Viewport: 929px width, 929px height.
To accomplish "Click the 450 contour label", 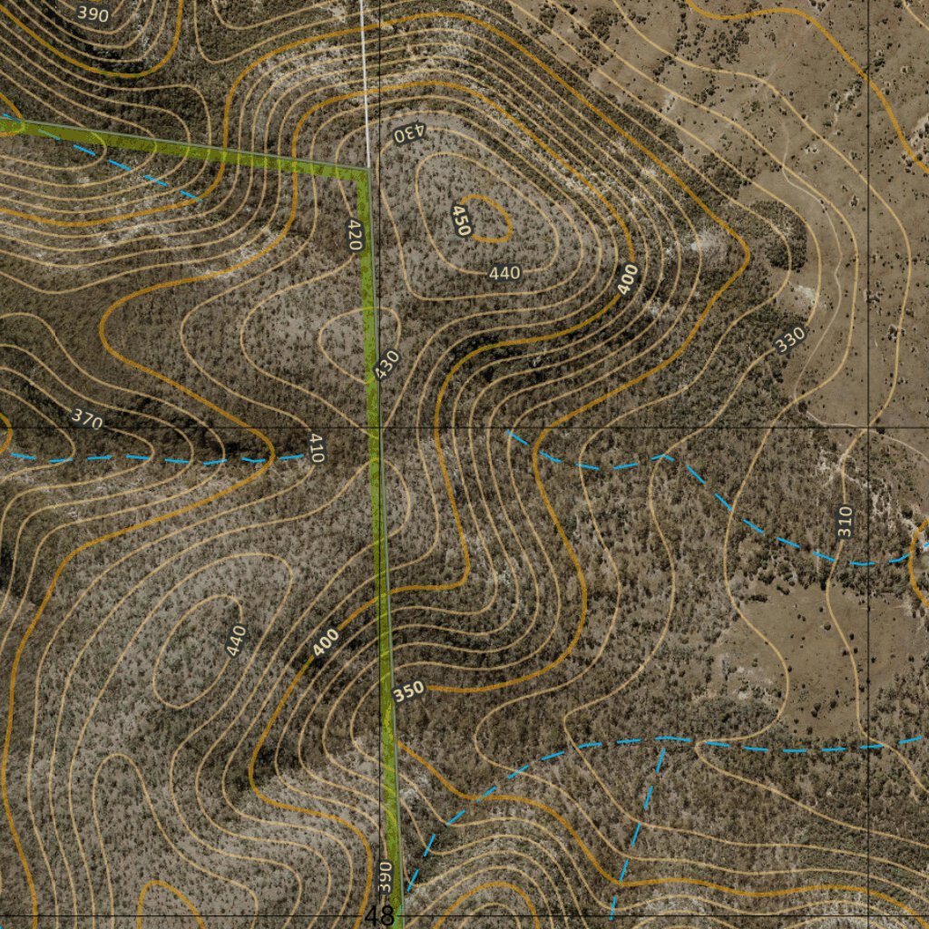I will [461, 220].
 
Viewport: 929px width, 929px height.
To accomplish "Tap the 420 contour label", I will [355, 235].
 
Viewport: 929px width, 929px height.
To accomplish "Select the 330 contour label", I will [790, 339].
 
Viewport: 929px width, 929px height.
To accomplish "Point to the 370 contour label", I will [87, 420].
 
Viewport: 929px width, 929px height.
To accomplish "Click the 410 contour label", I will [316, 448].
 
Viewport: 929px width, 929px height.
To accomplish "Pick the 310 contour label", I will [845, 522].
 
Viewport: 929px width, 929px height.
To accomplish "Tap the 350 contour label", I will [409, 691].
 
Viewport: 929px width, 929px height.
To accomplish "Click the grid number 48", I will [380, 915].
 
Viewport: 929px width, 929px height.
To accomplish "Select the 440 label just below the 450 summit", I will [504, 272].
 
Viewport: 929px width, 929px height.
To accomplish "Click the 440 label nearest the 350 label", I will [235, 641].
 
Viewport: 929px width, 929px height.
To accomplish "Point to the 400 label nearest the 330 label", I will [629, 279].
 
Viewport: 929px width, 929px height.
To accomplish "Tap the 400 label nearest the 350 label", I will [326, 642].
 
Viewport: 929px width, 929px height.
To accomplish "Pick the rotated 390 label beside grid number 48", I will [384, 875].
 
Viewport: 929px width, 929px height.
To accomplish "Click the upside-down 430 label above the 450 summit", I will [409, 133].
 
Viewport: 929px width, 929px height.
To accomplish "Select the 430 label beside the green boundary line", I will [387, 365].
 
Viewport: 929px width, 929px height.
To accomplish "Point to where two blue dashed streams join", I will [663, 739].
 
